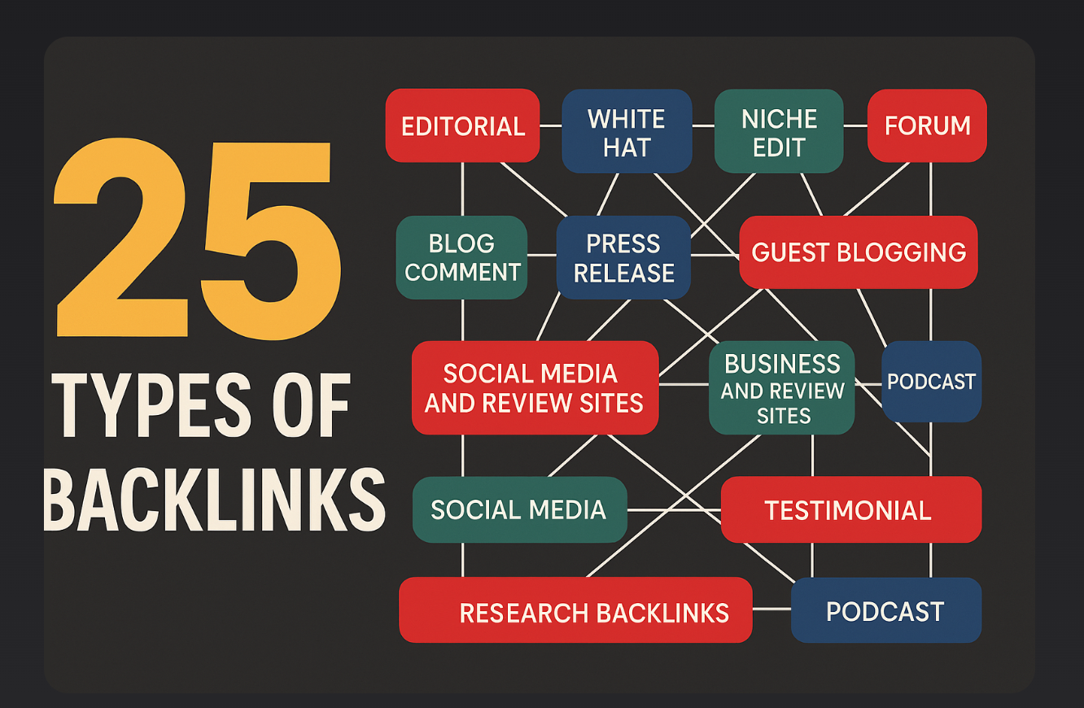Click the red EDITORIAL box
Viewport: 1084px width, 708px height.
point(462,125)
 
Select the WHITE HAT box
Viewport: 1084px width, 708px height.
point(627,131)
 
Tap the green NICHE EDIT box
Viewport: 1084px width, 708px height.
point(779,131)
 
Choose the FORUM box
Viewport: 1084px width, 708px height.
point(927,125)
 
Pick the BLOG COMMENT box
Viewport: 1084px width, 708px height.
point(461,257)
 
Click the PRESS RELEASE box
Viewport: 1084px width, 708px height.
point(623,257)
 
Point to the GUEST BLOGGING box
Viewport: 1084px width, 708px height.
point(859,252)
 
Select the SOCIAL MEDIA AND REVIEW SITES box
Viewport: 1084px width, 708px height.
point(535,387)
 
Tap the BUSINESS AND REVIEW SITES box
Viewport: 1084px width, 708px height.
point(781,387)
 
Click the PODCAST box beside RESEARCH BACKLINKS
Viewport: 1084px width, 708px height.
point(886,610)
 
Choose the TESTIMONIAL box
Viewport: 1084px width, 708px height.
point(851,509)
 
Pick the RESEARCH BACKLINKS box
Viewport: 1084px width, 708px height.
point(575,610)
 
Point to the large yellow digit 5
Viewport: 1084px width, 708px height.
point(271,242)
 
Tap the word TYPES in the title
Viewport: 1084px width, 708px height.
point(151,405)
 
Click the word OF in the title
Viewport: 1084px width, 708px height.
point(311,405)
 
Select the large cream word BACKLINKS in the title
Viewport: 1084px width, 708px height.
point(214,500)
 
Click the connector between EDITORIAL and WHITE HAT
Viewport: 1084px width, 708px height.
point(551,126)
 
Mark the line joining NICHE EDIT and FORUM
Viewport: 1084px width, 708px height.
point(855,126)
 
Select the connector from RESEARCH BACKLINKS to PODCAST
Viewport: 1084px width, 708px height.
point(771,609)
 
